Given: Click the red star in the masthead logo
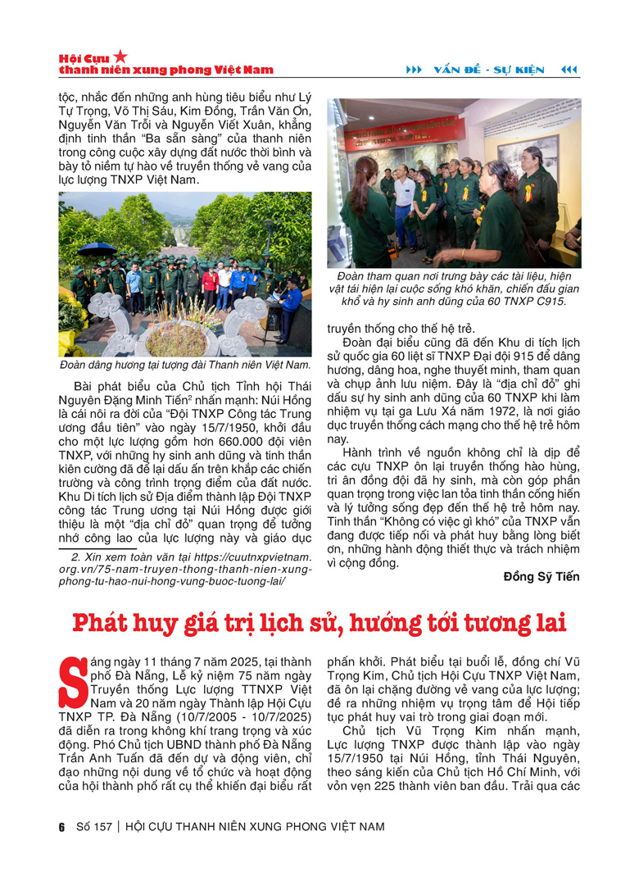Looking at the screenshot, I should click(x=120, y=56).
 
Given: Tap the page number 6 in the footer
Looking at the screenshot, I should click(x=61, y=826).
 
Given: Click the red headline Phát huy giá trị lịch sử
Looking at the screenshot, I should click(x=319, y=622).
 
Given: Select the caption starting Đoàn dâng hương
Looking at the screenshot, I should click(x=185, y=364).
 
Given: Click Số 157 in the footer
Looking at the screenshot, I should click(x=92, y=826).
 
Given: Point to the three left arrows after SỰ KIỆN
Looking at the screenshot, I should click(x=569, y=70).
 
